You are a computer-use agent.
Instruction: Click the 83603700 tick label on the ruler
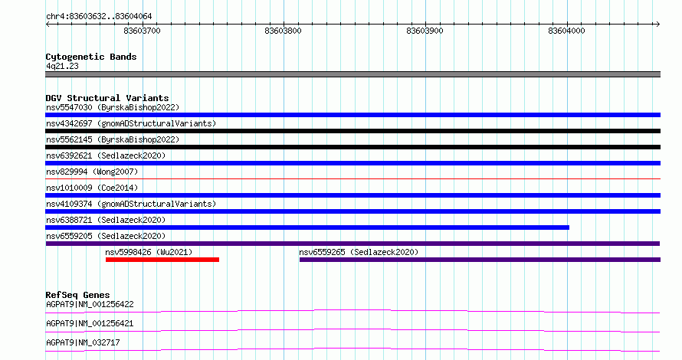(142, 31)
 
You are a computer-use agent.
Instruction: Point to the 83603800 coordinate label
(283, 31)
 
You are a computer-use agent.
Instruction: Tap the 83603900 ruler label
(425, 31)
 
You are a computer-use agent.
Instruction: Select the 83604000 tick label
(566, 31)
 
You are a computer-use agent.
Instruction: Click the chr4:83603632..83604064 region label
(99, 17)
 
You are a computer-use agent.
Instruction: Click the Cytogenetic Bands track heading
(91, 57)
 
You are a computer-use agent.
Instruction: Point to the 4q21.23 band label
(62, 66)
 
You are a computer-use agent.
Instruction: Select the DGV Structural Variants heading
(107, 98)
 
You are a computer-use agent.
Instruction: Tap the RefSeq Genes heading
(77, 295)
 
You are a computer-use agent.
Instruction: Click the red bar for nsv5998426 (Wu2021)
(162, 260)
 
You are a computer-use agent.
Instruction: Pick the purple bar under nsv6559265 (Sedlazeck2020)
(480, 260)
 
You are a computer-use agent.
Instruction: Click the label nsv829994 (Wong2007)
(92, 172)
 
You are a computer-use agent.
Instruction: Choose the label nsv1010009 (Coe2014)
(92, 188)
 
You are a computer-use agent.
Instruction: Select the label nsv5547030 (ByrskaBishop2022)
(113, 107)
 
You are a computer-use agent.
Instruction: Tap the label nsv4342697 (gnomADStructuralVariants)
(131, 123)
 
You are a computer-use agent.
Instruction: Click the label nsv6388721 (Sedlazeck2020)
(106, 220)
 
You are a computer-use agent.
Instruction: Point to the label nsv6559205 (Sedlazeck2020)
(106, 236)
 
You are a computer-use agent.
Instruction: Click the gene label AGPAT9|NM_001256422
(90, 304)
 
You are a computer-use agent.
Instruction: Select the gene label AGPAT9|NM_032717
(83, 342)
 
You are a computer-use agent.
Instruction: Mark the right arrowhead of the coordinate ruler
(658, 25)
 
